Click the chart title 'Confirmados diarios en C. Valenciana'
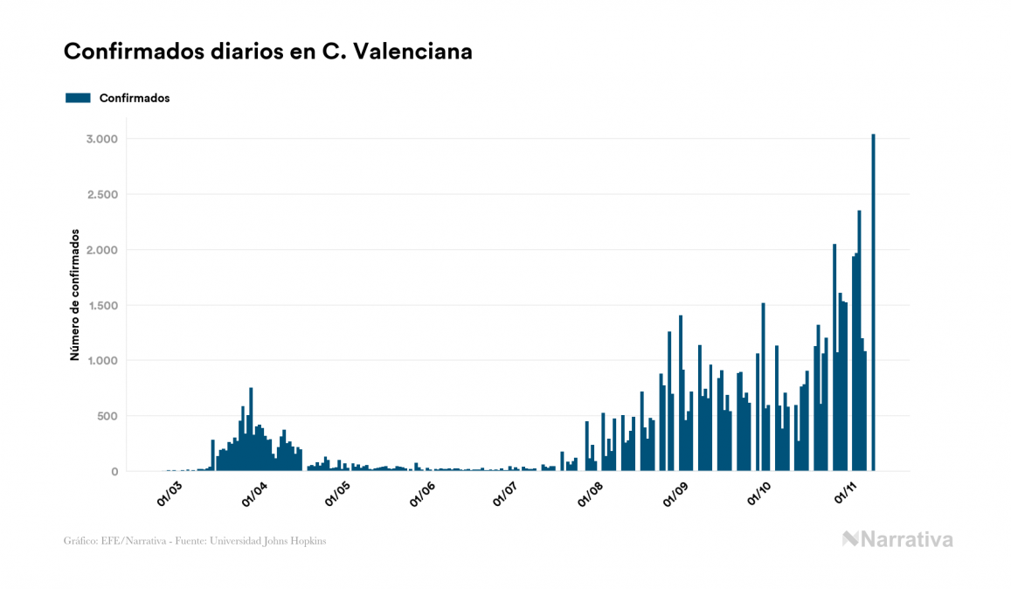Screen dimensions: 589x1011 tap(268, 52)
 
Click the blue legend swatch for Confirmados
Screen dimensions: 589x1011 tap(78, 98)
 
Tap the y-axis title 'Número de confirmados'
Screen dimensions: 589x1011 tap(75, 295)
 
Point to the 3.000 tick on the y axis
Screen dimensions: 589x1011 tap(100, 139)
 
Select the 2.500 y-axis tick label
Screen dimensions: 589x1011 tap(100, 195)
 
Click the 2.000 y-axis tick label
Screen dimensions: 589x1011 tap(100, 250)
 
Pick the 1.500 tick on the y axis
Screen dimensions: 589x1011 tap(100, 305)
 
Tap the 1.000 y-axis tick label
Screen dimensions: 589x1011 tap(100, 361)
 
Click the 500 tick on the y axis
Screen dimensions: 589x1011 tap(107, 416)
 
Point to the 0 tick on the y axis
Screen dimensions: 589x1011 tap(114, 471)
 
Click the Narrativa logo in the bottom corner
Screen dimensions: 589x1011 tap(897, 539)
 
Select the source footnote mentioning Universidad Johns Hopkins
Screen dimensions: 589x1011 tap(195, 541)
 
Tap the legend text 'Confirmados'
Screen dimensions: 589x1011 tap(135, 98)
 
